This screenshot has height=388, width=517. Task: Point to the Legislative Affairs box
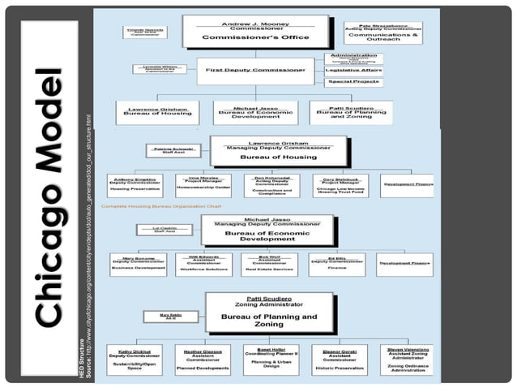pyautogui.click(x=353, y=71)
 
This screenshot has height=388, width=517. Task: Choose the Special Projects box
pyautogui.click(x=353, y=82)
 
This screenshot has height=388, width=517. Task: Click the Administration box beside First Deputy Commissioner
pyautogui.click(x=353, y=58)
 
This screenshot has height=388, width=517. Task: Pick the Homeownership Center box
pyautogui.click(x=203, y=184)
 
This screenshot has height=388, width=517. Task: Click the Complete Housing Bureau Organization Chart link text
pyautogui.click(x=161, y=207)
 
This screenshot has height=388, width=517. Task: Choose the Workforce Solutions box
pyautogui.click(x=203, y=264)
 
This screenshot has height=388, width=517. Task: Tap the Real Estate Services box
pyautogui.click(x=269, y=264)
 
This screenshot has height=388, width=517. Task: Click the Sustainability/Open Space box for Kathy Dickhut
pyautogui.click(x=135, y=359)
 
